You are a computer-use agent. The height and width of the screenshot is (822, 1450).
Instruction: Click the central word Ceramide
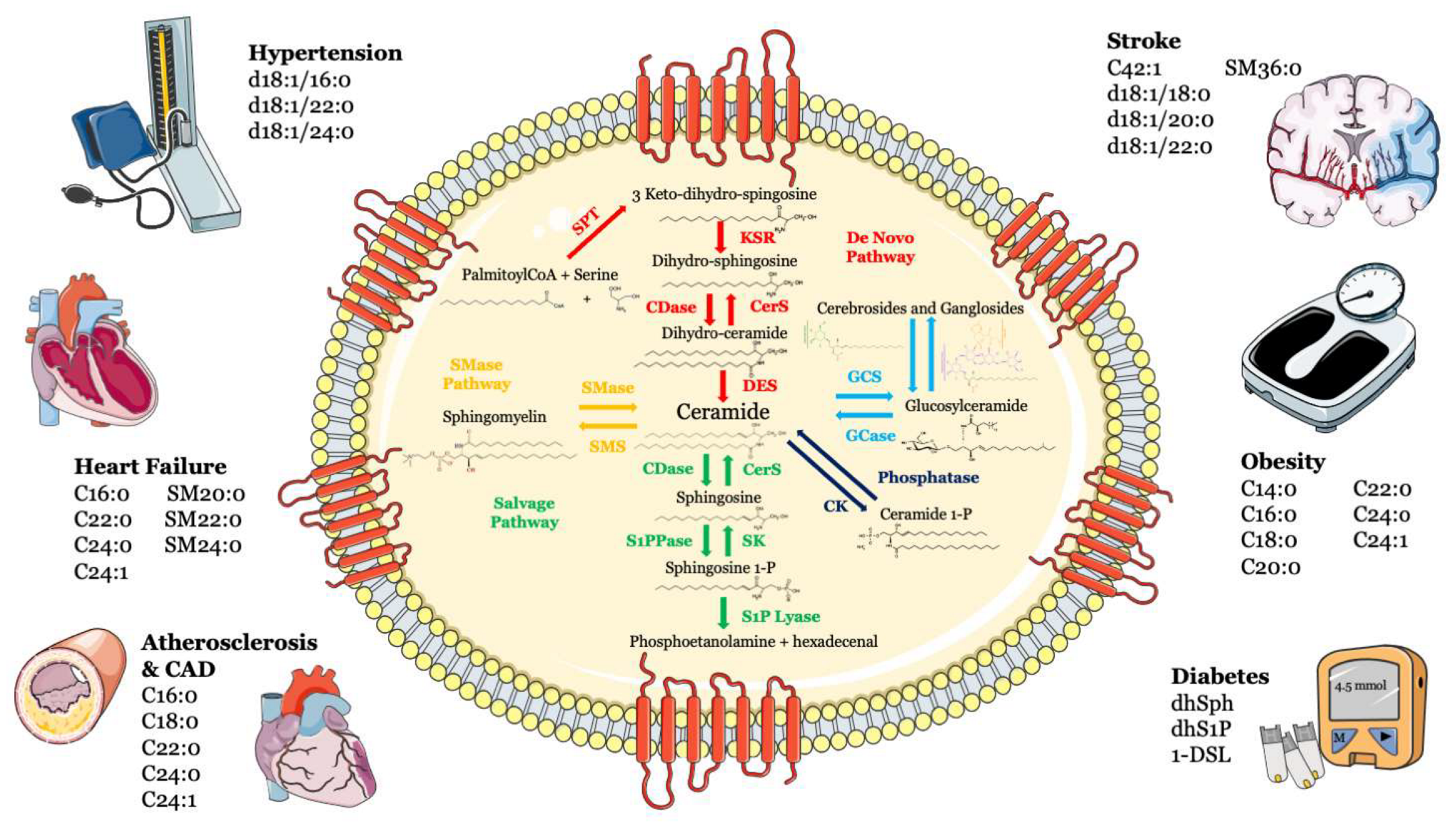[722, 412]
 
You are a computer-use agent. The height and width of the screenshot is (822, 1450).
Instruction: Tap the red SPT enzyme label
[586, 223]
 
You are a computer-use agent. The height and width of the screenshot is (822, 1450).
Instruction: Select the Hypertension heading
[325, 53]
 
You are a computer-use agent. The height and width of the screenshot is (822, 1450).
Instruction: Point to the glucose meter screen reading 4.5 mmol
[1360, 686]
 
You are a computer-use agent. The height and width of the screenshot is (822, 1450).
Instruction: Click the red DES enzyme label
[759, 385]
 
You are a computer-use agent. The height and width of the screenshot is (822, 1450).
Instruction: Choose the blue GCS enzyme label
[864, 377]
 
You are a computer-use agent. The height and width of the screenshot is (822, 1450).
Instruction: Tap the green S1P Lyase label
[781, 616]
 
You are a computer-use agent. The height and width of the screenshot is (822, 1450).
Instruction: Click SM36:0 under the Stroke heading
[1262, 68]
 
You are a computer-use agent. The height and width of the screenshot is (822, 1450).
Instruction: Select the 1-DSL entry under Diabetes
[1201, 755]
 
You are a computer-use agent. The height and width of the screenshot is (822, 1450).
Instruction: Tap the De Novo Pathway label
[880, 247]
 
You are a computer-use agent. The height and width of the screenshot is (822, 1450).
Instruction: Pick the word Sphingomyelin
[494, 417]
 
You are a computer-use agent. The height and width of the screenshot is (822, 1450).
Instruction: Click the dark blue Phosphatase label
[928, 478]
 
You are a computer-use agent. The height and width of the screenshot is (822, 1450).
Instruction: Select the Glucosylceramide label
[966, 406]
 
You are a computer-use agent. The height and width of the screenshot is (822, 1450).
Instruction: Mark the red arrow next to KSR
[721, 236]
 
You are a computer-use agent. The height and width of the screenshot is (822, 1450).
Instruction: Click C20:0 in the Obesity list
[1270, 567]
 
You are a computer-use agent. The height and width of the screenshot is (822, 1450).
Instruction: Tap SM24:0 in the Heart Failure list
[203, 545]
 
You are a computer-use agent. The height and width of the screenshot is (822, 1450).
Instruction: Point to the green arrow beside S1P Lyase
[724, 613]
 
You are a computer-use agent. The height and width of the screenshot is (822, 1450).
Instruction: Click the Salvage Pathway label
[524, 513]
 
